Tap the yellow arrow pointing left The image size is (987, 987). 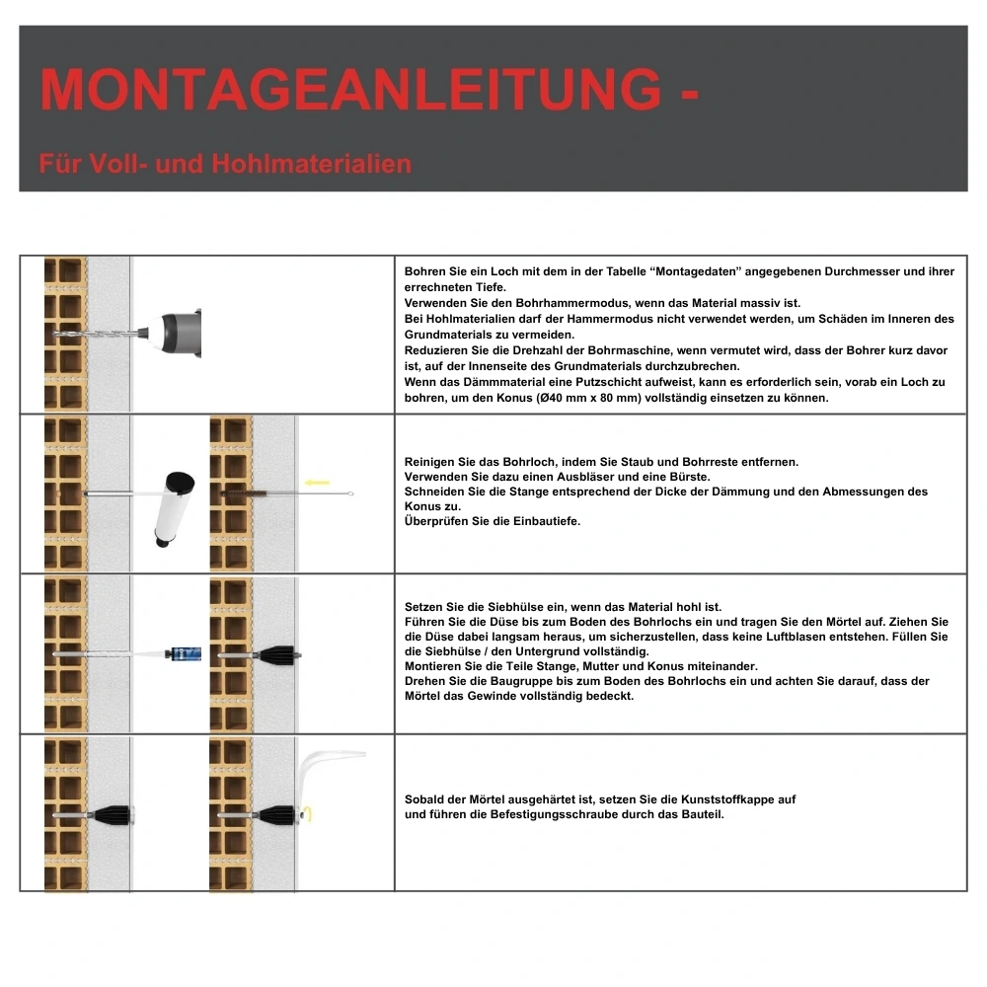[317, 483]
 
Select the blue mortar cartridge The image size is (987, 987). [186, 653]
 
